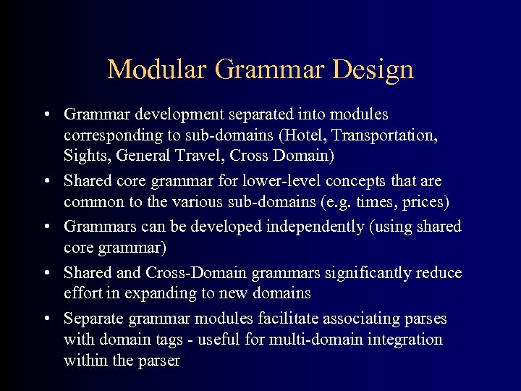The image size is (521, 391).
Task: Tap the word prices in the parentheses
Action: point(427,201)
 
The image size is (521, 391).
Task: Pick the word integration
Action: point(406,339)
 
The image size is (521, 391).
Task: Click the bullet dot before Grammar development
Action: point(46,115)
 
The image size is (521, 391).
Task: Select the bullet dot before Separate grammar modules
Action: point(46,319)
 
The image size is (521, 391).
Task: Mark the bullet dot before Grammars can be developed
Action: point(46,227)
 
